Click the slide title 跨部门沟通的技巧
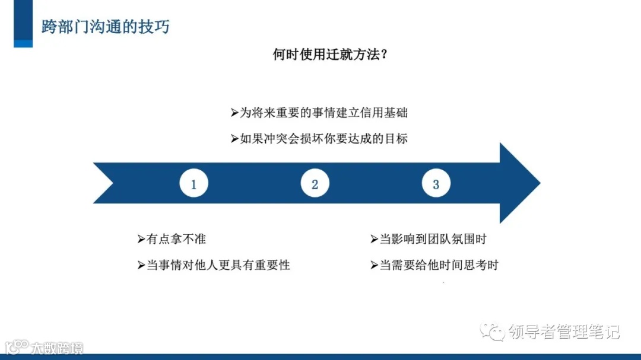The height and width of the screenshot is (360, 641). [x=105, y=27]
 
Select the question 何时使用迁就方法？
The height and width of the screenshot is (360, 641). [x=330, y=55]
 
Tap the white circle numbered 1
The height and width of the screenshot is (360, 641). [x=193, y=184]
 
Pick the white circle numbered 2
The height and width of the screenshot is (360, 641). [x=315, y=184]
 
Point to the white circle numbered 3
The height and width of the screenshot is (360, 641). [x=436, y=184]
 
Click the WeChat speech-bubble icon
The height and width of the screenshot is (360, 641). [x=493, y=332]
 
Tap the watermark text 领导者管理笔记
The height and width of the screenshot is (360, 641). [x=564, y=332]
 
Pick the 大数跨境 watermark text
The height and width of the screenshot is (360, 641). [x=57, y=348]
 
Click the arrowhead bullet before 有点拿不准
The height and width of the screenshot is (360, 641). [x=141, y=239]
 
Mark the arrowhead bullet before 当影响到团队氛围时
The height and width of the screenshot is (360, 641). [x=374, y=239]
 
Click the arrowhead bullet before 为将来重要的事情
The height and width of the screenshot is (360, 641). [x=234, y=113]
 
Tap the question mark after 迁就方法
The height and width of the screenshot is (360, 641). [x=384, y=55]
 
